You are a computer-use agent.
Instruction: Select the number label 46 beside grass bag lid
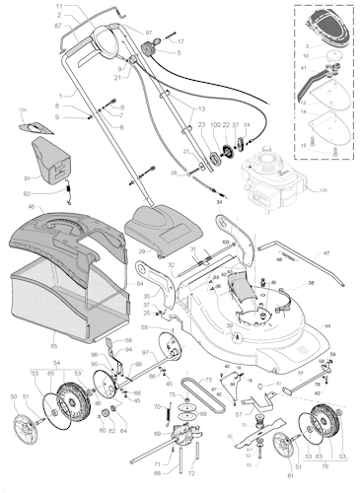32,207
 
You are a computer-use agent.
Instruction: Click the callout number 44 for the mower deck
327,325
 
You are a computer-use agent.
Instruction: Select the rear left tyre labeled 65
68,405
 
